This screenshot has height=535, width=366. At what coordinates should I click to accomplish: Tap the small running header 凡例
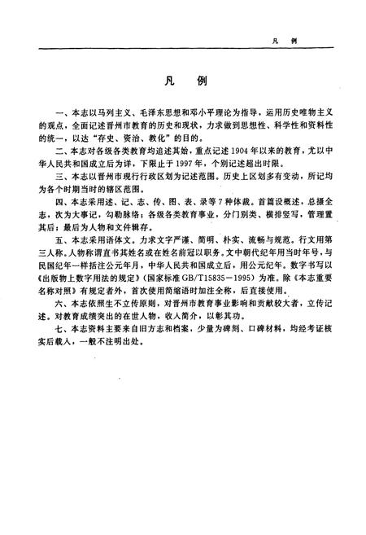[x=310, y=40]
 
